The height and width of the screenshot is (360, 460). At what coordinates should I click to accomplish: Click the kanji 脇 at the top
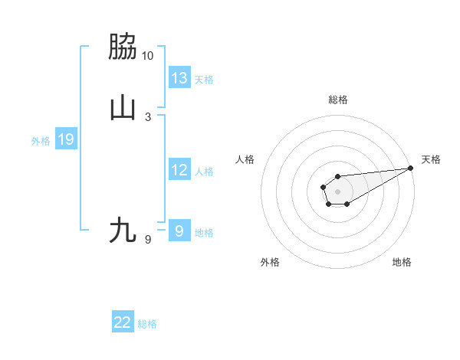coord(123,47)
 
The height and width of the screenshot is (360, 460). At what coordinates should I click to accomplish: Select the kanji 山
coord(123,108)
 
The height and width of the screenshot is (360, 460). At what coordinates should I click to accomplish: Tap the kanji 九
coord(123,230)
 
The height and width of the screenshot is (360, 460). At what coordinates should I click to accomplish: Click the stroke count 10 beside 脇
coord(148,56)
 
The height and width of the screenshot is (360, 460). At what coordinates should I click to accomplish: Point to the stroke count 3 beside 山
coord(148,117)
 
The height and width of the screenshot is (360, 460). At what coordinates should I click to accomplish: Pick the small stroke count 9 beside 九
coord(148,240)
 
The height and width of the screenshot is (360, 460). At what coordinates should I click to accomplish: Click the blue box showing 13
coord(179,78)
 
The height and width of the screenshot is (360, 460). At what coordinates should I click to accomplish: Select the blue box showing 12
coord(179,171)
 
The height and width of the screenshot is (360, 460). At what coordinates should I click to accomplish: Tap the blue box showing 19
coord(66,140)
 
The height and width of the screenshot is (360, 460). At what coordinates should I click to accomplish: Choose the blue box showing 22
coord(123,323)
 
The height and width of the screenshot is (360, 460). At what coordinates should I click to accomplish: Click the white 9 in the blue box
coord(179,231)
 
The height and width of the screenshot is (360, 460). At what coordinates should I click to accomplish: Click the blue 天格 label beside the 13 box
coord(204,80)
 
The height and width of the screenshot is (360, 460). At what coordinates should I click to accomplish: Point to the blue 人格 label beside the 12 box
coord(204,172)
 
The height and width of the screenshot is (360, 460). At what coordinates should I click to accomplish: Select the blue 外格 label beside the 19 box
coord(41,141)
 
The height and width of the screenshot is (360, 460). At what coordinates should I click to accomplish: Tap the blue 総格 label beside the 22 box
coord(147,324)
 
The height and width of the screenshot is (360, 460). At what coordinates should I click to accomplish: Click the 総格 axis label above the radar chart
coord(337,100)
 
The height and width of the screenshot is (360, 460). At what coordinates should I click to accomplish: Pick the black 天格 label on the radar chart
coord(431,159)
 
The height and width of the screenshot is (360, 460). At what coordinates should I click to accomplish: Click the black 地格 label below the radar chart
coord(402,262)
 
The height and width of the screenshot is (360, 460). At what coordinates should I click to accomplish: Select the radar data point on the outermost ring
coord(411,169)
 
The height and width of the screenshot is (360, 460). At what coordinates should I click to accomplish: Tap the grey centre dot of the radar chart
coord(337,191)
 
